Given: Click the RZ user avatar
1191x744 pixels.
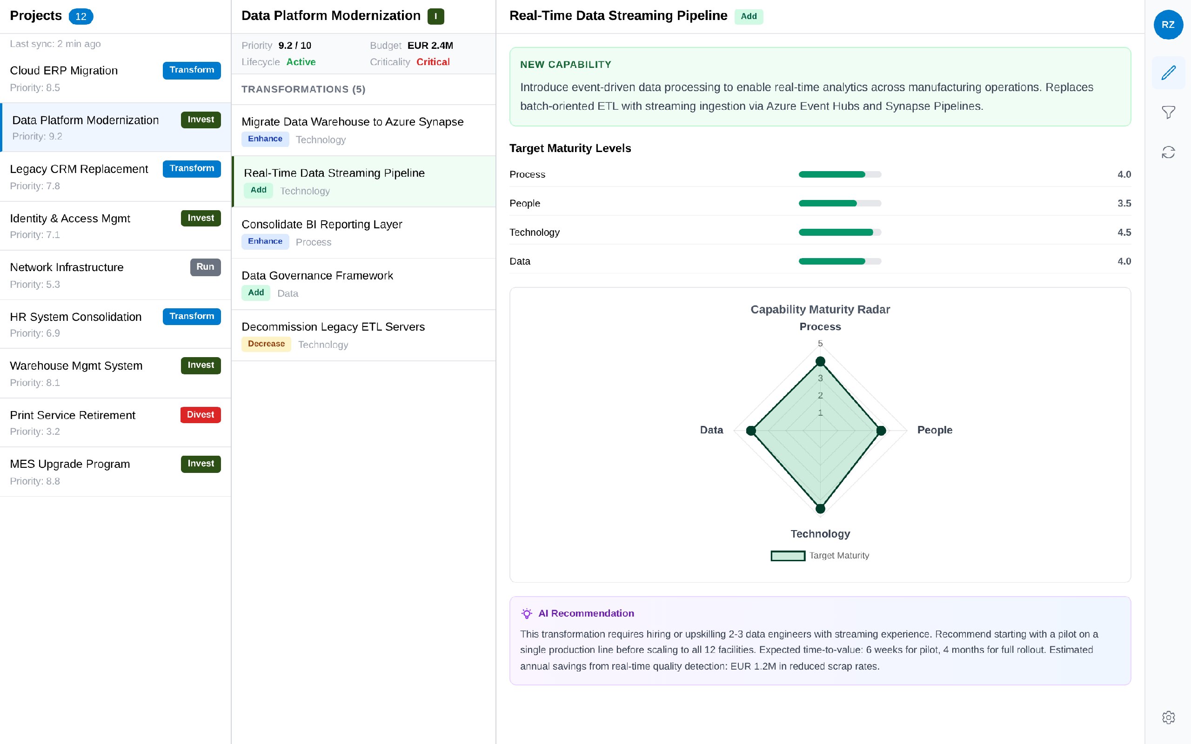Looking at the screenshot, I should [x=1168, y=25].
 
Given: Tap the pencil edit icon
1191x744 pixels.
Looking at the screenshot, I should [x=1168, y=73].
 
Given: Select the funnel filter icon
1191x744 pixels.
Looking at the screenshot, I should [x=1168, y=112].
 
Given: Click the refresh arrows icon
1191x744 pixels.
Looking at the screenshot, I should [x=1168, y=153].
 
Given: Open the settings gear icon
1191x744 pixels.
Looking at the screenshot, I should [x=1168, y=717].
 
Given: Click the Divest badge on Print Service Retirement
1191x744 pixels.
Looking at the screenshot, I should [x=201, y=414].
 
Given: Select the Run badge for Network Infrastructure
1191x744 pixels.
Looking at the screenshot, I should [x=205, y=267].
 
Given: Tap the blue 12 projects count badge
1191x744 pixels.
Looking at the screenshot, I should [x=80, y=16].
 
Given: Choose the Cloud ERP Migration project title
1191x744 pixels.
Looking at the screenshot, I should [x=64, y=70].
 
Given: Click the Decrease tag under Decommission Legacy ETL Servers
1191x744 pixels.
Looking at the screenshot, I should [x=266, y=344].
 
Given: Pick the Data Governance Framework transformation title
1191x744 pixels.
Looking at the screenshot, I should [x=317, y=276].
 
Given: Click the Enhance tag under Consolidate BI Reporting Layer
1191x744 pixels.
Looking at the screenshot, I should [x=265, y=241].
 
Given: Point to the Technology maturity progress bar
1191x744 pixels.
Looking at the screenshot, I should [x=840, y=232].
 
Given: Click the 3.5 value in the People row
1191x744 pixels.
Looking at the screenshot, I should [x=1124, y=203].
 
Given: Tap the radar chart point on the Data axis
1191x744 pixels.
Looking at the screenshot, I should [x=751, y=431].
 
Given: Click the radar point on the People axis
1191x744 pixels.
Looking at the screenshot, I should [x=881, y=431].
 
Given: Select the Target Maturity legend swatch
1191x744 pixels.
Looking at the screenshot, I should [x=788, y=556].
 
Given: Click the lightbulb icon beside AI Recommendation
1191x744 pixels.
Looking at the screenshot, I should [x=527, y=613].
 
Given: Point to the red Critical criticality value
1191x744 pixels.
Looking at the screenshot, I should [x=433, y=62].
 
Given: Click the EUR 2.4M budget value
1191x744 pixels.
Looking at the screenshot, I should [x=430, y=45].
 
